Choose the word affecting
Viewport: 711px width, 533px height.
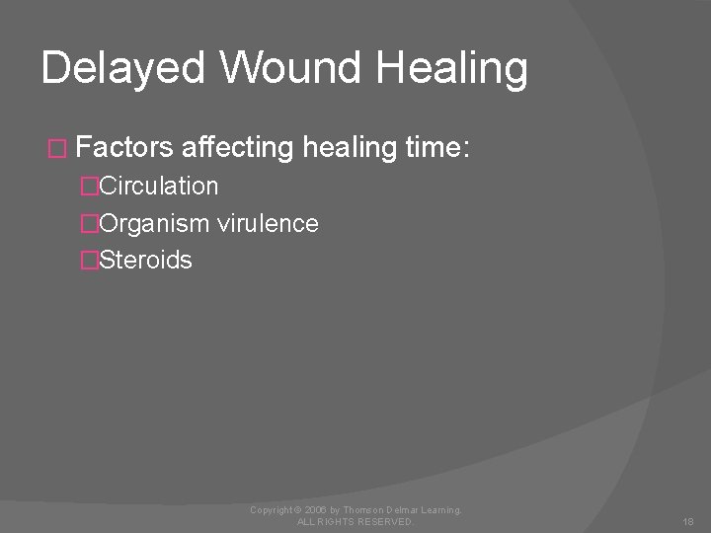tap(237, 148)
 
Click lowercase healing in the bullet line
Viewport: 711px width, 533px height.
tap(350, 148)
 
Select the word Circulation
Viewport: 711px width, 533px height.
tap(159, 187)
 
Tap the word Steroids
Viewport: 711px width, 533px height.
tap(146, 262)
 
